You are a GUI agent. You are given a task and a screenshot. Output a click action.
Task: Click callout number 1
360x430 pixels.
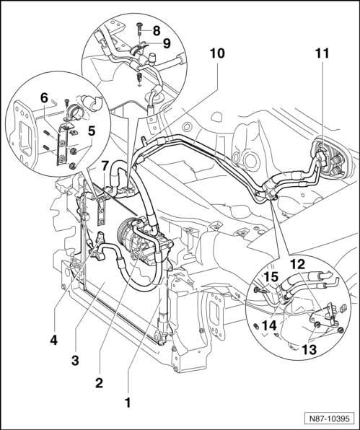click(x=128, y=403)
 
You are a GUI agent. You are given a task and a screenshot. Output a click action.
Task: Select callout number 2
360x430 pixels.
click(x=99, y=382)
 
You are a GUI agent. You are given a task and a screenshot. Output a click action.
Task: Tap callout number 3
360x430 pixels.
click(x=75, y=360)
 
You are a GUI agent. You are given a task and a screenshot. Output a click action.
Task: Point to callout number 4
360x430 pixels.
click(x=53, y=340)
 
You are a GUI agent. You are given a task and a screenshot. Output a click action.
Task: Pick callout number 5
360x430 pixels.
click(x=92, y=131)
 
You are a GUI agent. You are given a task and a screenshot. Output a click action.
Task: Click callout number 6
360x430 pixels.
click(x=44, y=97)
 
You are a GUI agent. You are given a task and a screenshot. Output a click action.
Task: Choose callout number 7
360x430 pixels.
click(x=104, y=165)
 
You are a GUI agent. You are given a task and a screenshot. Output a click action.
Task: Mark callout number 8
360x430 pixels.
click(x=157, y=31)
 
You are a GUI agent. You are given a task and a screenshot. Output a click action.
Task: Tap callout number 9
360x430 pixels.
click(x=167, y=43)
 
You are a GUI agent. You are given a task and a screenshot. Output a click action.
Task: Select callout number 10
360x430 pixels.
click(x=217, y=53)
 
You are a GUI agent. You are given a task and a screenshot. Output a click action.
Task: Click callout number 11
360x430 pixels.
click(x=322, y=53)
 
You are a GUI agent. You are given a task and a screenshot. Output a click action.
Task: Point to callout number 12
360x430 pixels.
click(x=298, y=265)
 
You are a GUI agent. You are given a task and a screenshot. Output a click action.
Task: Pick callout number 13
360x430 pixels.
click(x=309, y=349)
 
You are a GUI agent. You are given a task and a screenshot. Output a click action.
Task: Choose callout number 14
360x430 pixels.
click(x=269, y=326)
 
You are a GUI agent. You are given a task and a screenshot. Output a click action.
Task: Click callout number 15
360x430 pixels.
click(x=271, y=276)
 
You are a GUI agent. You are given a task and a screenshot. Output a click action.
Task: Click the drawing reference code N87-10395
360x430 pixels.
click(x=329, y=419)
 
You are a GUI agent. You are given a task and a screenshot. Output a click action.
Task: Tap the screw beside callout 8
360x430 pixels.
click(x=139, y=29)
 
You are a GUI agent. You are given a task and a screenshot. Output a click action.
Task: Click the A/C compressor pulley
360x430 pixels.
click(x=123, y=232)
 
